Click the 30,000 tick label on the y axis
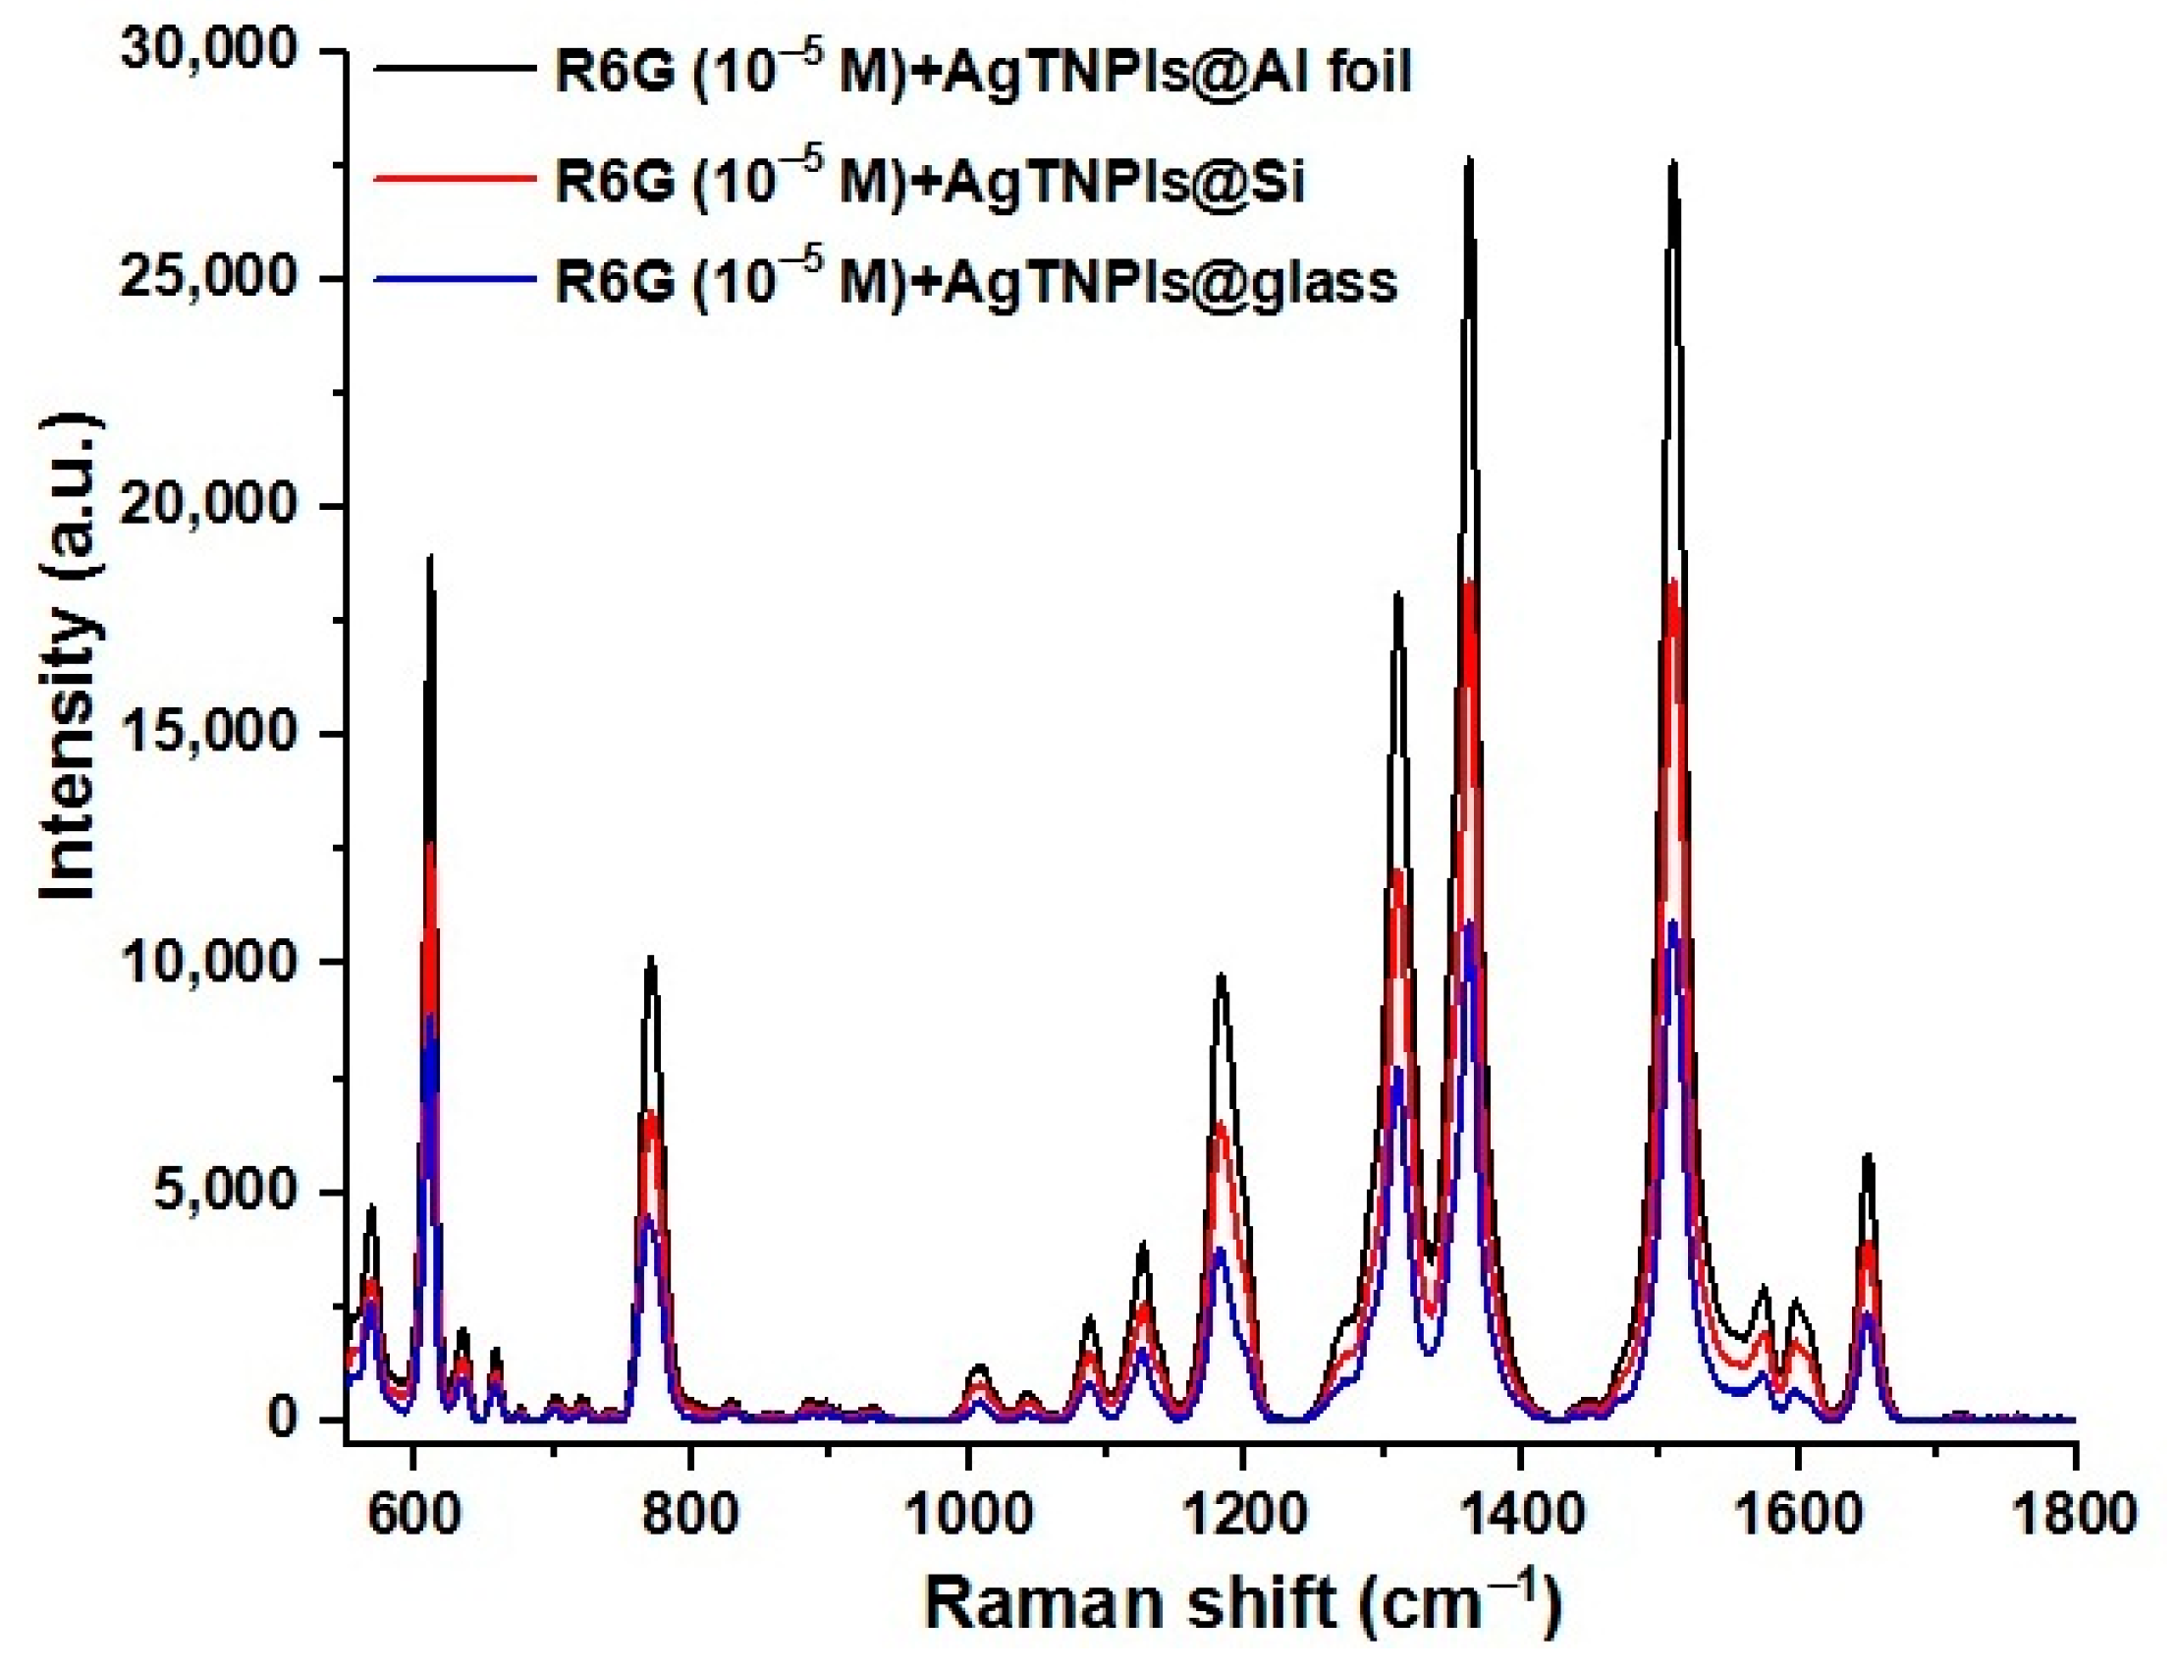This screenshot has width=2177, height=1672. pos(209,50)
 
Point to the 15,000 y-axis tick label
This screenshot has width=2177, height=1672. pos(209,734)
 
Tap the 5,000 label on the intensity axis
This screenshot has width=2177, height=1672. pos(222,1191)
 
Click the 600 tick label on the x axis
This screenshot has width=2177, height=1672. pos(410,1513)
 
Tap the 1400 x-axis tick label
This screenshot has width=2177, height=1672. pos(1519,1513)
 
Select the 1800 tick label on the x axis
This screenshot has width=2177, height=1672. pos(2074,1513)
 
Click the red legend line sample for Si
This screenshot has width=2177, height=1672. pos(454,176)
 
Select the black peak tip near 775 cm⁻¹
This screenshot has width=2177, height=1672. pos(651,958)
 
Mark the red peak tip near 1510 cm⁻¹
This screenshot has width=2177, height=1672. pos(1674,581)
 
